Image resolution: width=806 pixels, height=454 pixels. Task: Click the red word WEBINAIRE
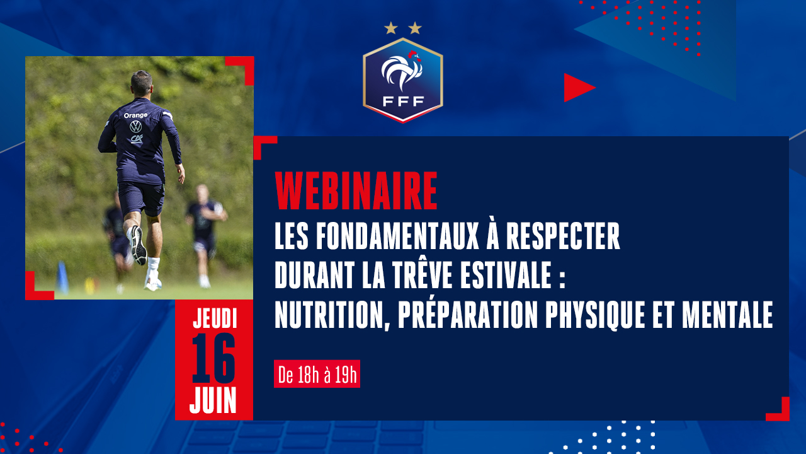(x=356, y=191)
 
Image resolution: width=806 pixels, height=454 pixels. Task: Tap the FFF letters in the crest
(x=403, y=102)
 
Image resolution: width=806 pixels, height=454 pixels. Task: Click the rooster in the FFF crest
(x=401, y=71)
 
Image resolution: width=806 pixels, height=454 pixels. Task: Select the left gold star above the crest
(x=391, y=28)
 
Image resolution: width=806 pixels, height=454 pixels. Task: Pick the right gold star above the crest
(x=415, y=28)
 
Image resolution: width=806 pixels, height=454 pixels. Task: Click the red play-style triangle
(x=579, y=88)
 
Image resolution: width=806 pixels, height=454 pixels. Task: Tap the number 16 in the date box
(x=213, y=358)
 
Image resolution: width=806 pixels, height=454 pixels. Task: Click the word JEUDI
(x=215, y=318)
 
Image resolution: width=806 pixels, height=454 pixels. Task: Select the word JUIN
(x=213, y=400)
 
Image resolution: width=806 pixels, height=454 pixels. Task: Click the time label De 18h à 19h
(x=317, y=374)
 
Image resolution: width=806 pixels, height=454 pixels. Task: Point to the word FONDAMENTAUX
(x=397, y=236)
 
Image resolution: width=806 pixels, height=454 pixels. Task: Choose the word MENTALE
(x=727, y=315)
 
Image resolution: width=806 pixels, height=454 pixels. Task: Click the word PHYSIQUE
(x=595, y=315)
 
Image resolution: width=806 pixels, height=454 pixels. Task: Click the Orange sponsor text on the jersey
(x=135, y=115)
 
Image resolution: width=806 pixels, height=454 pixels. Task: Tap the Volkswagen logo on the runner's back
(x=135, y=127)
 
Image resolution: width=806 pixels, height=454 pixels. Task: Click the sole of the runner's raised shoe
(x=138, y=245)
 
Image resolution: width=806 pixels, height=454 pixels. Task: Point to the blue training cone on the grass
(x=62, y=277)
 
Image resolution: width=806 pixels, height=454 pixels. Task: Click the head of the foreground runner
(x=142, y=83)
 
